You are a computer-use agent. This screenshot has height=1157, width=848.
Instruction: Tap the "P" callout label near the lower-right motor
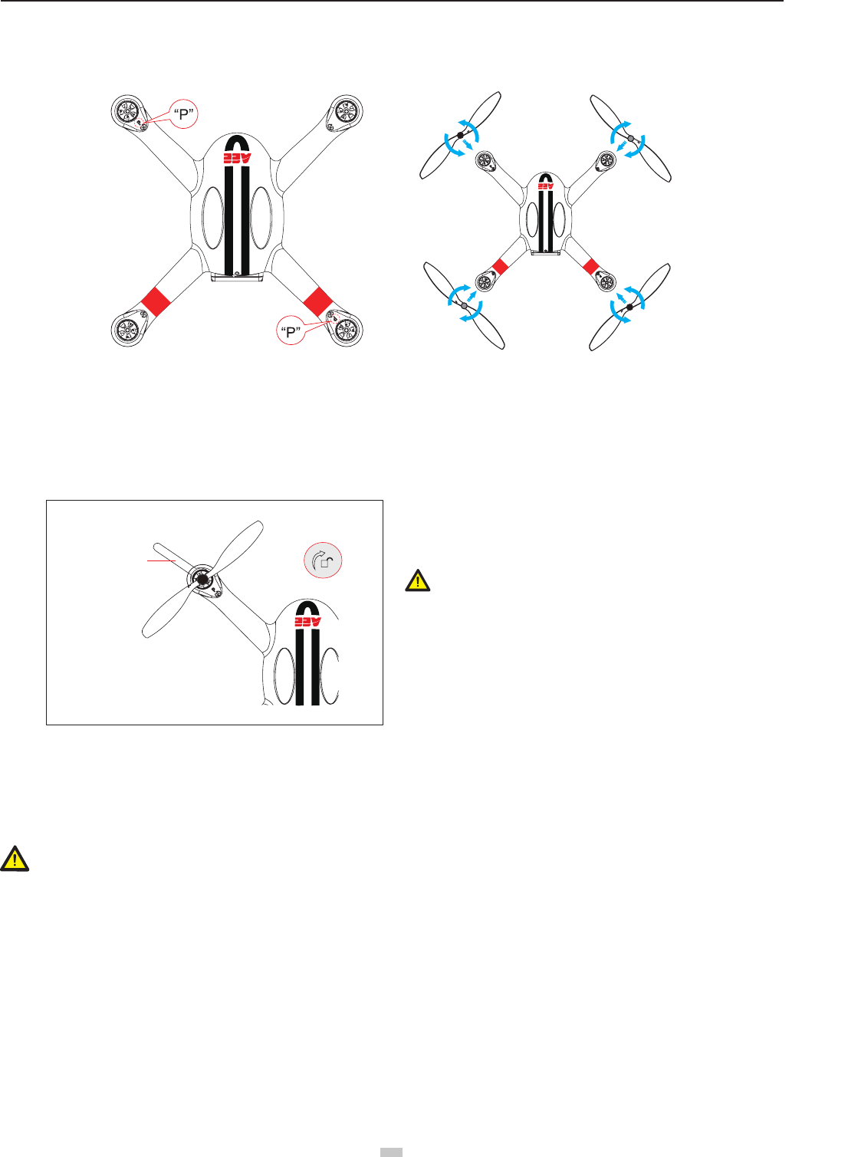pos(290,332)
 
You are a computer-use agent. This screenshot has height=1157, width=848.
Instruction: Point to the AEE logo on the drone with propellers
pos(544,186)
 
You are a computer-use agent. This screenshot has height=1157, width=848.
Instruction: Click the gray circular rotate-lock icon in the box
pos(323,561)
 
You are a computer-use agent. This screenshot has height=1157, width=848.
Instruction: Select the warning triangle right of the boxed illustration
pos(417,580)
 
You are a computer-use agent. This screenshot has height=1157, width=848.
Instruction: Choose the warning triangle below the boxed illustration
pos(15,859)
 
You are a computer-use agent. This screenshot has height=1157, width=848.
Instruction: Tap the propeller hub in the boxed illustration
pos(202,579)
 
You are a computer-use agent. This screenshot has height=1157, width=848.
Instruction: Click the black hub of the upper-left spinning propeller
pos(460,135)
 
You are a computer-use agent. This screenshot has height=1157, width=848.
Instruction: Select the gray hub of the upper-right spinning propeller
pos(630,138)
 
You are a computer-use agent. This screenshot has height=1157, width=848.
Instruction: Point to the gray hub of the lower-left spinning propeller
pos(465,305)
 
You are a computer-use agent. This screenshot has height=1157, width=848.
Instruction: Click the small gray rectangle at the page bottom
pos(393,1152)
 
